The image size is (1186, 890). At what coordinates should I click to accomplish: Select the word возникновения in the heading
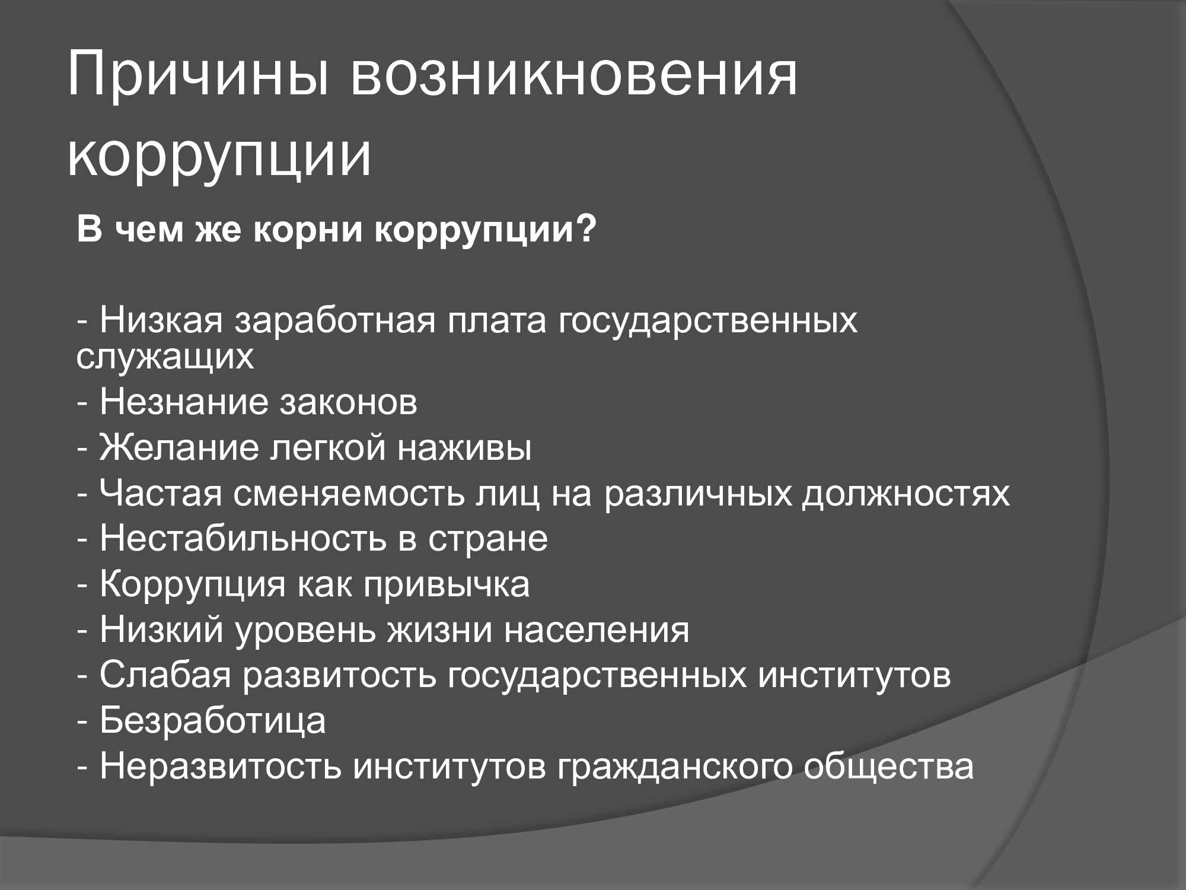(573, 77)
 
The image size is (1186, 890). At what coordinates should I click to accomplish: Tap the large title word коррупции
(219, 157)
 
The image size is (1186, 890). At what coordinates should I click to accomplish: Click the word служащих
(165, 357)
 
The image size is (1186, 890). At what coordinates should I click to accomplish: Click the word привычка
(447, 586)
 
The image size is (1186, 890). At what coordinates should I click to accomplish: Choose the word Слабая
(165, 675)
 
